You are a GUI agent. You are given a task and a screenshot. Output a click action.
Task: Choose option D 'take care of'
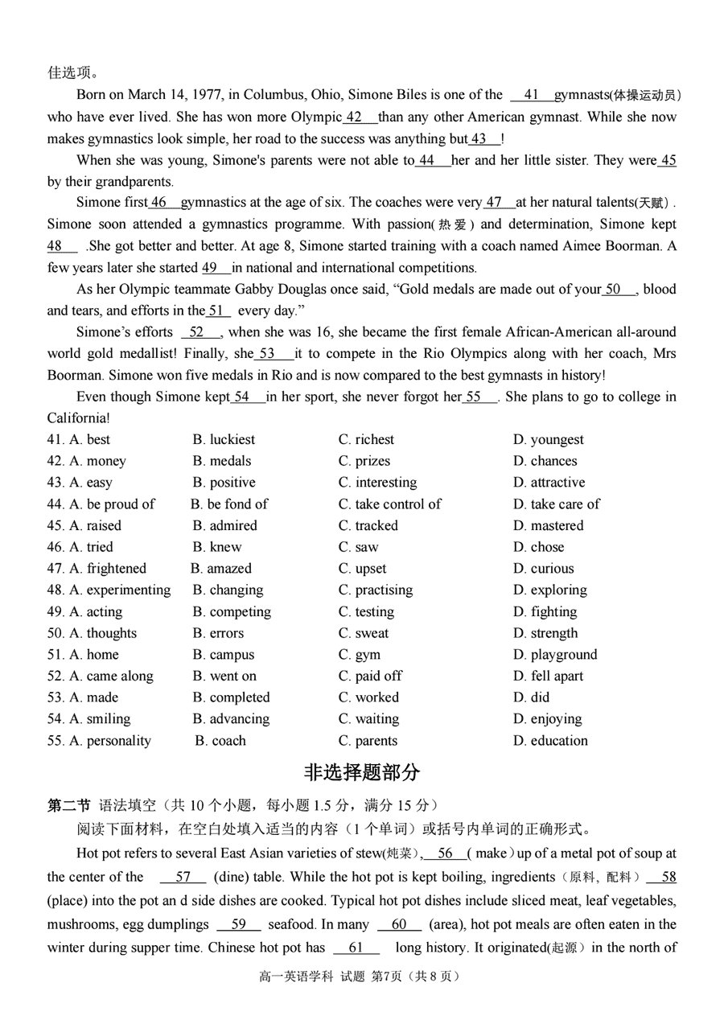(x=557, y=504)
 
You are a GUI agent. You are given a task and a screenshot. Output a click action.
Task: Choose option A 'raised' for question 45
(x=96, y=525)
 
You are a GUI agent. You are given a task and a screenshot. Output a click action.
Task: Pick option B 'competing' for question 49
(x=232, y=611)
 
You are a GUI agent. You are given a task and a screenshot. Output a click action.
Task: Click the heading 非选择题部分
(x=362, y=773)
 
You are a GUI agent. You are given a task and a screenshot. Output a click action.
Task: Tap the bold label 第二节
(x=68, y=805)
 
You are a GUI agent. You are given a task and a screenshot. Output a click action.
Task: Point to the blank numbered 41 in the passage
(x=531, y=95)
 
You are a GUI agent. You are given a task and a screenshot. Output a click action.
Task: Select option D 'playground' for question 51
(x=556, y=655)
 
